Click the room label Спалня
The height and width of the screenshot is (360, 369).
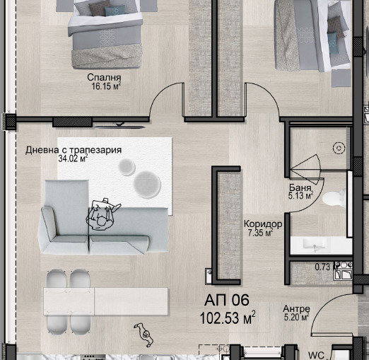pos(104,78)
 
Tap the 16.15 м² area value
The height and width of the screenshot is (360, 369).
pos(106,86)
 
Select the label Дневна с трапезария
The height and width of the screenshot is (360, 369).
pos(74,150)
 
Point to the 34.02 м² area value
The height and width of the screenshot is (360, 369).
pos(73,158)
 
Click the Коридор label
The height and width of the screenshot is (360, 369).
pos(263,223)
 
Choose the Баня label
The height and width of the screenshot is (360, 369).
pos(300,187)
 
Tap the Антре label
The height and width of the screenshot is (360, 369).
pos(296,308)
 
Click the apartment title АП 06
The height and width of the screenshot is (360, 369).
pos(227,300)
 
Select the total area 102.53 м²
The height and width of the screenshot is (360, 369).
pos(228,318)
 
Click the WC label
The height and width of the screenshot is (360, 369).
pos(316,355)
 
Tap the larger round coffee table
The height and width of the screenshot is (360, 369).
pos(147,185)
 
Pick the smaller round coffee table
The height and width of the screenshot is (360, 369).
pos(127,167)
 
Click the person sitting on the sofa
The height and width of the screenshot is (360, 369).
pos(102,214)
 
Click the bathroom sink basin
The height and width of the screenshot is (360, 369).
pos(315,245)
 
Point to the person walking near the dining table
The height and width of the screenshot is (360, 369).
pos(144,335)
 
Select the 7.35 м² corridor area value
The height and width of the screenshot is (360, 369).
pos(260,233)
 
